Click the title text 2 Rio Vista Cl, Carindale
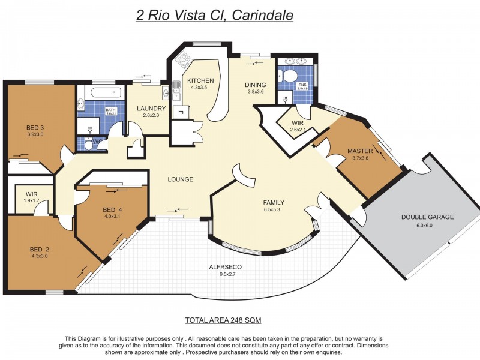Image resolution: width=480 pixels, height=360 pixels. [x=215, y=15]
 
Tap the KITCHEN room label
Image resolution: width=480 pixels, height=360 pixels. [x=200, y=80]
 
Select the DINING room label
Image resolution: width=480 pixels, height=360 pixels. [x=255, y=85]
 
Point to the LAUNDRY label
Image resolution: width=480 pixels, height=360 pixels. [x=151, y=109]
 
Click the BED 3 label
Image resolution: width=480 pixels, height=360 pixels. [x=35, y=127]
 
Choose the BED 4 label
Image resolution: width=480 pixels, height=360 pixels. [x=113, y=209]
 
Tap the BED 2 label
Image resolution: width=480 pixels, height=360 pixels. [x=40, y=249]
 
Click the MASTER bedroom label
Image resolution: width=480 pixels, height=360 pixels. [x=360, y=151]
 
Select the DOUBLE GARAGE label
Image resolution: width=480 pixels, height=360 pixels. [x=428, y=217]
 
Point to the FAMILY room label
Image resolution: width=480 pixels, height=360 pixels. [x=274, y=202]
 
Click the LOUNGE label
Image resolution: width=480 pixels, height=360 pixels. [x=180, y=179]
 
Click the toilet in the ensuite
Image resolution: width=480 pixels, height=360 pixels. [x=290, y=76]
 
